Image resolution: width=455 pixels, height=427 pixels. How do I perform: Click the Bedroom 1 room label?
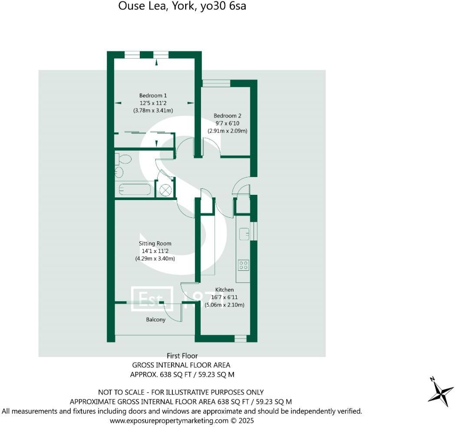click(x=153, y=95)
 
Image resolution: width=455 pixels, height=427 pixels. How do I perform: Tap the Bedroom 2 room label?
click(x=227, y=116)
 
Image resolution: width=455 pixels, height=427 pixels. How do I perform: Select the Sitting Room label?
click(x=155, y=243)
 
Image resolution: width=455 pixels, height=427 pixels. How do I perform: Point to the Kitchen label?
click(x=224, y=289)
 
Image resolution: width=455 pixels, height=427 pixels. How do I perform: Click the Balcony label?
click(x=155, y=320)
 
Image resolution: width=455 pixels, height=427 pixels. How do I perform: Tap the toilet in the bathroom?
click(x=123, y=159)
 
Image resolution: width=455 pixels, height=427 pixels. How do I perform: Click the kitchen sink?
click(x=243, y=233)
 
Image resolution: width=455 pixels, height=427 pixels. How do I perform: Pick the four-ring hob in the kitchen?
click(x=243, y=264)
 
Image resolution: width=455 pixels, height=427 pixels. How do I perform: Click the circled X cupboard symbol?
click(x=165, y=190)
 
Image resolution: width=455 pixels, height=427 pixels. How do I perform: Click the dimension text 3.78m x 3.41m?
click(x=153, y=111)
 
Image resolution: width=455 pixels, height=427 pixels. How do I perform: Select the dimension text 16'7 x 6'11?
click(x=224, y=297)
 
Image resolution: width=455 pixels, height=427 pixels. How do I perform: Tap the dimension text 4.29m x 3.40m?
click(x=155, y=259)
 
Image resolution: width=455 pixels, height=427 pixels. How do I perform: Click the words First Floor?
click(x=182, y=356)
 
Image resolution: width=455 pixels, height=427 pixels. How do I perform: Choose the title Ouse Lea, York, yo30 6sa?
click(x=182, y=7)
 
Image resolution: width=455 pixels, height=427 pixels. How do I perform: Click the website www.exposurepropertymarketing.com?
click(x=169, y=420)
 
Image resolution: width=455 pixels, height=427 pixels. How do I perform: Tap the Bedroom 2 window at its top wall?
click(x=216, y=83)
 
